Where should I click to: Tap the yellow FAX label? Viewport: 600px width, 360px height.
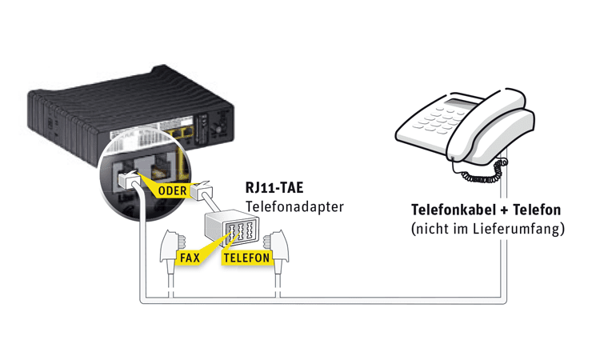click(190, 258)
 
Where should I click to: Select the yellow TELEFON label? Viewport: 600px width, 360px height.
click(245, 258)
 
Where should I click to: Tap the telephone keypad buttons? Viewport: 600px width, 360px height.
click(432, 123)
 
